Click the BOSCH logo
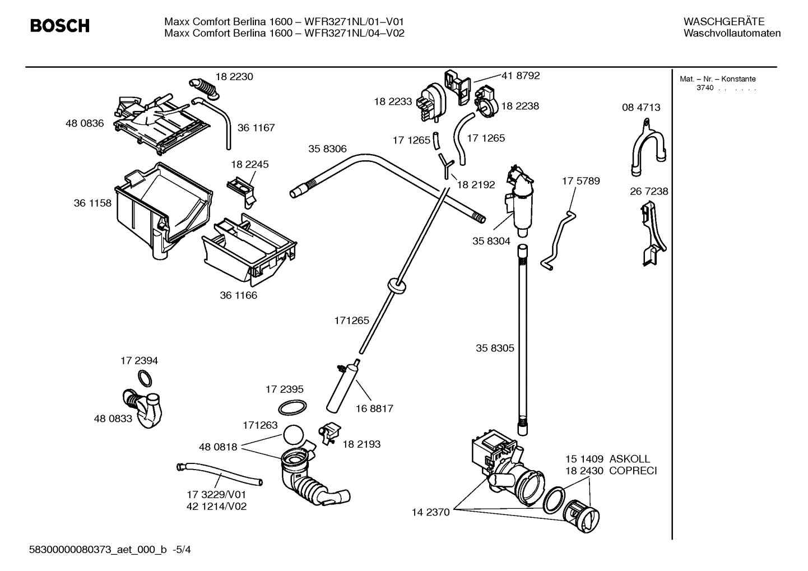[x=59, y=26]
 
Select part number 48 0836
[x=85, y=123]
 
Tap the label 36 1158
[x=92, y=203]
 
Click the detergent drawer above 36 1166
[x=249, y=249]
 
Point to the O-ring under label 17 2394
[x=145, y=379]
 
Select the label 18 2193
[x=361, y=444]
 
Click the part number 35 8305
[x=495, y=348]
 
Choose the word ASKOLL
[x=630, y=459]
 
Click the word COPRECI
[x=633, y=471]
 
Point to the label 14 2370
[x=430, y=512]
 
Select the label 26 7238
[x=649, y=191]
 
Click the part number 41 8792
[x=521, y=75]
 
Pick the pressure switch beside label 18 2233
[x=431, y=101]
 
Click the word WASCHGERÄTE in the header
[x=723, y=21]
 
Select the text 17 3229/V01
[x=216, y=495]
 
